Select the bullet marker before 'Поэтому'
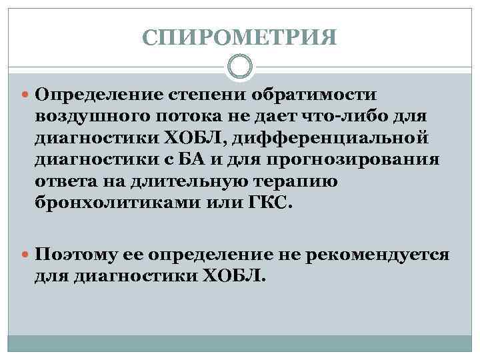click(25, 255)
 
